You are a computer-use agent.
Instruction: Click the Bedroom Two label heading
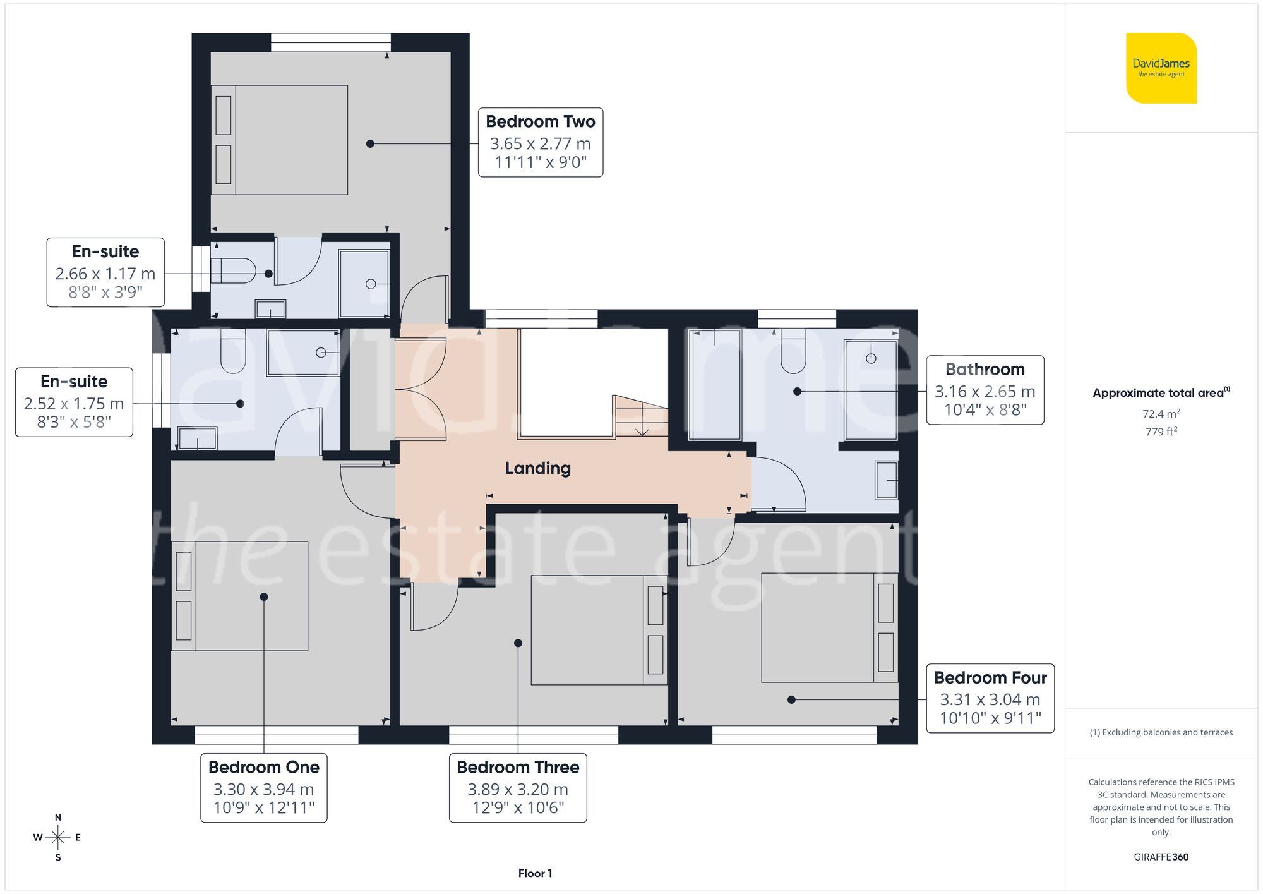click(x=540, y=121)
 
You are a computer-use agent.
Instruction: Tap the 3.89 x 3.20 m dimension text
click(x=517, y=789)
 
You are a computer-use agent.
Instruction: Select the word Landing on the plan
click(x=537, y=468)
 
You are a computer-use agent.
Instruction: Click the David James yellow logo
click(x=1161, y=68)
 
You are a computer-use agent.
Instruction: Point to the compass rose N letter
click(x=58, y=817)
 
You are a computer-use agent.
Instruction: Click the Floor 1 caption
click(x=535, y=873)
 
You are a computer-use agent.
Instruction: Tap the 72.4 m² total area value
click(x=1161, y=414)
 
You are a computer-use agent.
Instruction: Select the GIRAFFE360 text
click(x=1161, y=857)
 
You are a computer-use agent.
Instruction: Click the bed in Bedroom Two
click(x=280, y=140)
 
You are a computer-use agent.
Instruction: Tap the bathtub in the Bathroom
click(x=714, y=384)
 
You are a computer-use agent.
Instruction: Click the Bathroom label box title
click(x=985, y=369)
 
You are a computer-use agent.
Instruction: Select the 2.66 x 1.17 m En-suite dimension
click(x=105, y=274)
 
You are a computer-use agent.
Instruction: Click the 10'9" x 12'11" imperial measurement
click(x=263, y=807)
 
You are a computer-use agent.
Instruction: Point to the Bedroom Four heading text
click(x=990, y=677)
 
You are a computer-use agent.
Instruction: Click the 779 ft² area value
click(x=1161, y=432)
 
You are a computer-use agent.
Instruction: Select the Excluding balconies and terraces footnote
click(x=1161, y=732)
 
